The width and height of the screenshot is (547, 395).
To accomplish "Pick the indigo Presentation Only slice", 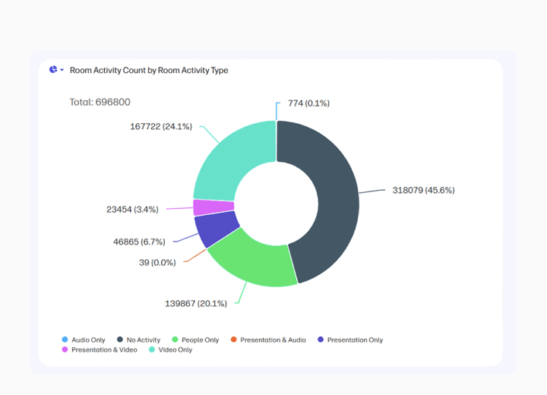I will click(x=214, y=230).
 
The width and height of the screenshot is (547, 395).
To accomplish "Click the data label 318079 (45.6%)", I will click(x=423, y=190).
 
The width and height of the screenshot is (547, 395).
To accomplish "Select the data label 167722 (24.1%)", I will click(x=162, y=126).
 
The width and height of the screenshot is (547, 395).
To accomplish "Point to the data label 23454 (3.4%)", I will click(x=133, y=208).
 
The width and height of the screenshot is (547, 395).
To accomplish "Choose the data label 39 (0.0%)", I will click(x=157, y=262).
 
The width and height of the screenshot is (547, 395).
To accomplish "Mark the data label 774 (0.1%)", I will click(x=308, y=103).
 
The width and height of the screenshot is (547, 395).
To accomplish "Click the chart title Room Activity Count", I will click(x=149, y=70).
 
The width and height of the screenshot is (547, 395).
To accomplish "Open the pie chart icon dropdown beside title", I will click(x=56, y=70).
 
